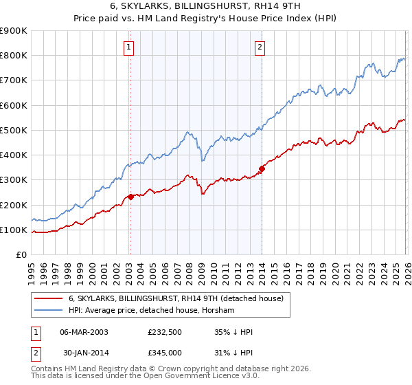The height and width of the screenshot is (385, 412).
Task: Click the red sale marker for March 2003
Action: coord(130,197)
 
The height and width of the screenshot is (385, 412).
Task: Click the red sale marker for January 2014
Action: coord(262,169)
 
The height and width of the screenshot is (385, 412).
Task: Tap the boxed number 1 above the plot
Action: coord(129,47)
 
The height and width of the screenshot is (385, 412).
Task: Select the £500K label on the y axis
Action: coord(14,131)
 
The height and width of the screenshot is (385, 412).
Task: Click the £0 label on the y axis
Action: coord(21,255)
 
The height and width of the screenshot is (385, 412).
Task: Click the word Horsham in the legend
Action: coord(219,311)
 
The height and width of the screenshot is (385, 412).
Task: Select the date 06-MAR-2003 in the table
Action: coord(84,332)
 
